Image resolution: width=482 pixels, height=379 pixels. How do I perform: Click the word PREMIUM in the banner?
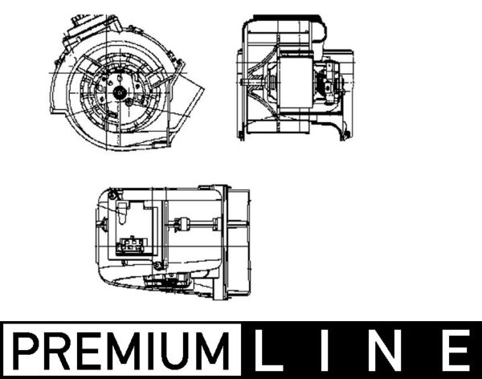coord(120,351)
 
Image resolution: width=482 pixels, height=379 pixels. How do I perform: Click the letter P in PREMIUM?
coord(26,351)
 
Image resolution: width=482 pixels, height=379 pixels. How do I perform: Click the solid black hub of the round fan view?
coord(119,92)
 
